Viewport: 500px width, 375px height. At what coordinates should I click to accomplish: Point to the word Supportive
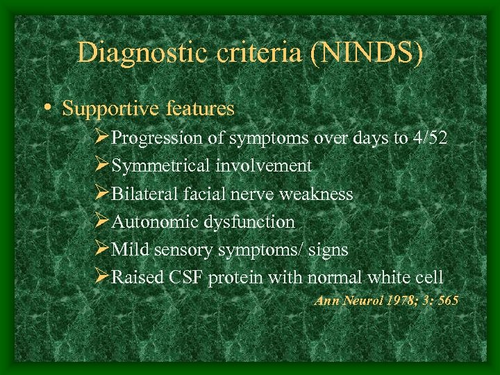pyautogui.click(x=111, y=109)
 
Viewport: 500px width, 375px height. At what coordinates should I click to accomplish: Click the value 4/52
pyautogui.click(x=430, y=138)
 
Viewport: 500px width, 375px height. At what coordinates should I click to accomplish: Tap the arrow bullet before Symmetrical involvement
pyautogui.click(x=103, y=166)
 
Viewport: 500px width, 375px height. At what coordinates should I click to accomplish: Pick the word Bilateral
pyautogui.click(x=142, y=194)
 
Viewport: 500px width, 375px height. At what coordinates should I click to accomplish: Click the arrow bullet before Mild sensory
pyautogui.click(x=103, y=249)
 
